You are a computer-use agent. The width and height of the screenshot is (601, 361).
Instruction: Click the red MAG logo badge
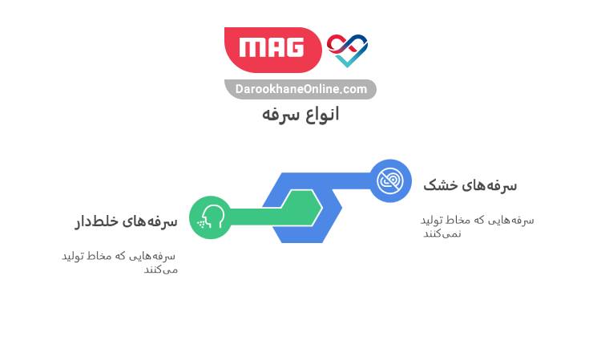[x=273, y=49]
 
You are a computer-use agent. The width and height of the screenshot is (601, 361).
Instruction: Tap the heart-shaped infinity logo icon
[x=347, y=49]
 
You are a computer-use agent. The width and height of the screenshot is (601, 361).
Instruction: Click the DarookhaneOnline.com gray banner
[x=300, y=89]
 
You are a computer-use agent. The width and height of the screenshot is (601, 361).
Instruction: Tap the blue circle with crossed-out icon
[x=390, y=180]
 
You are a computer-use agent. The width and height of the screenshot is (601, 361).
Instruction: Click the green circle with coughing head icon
[x=211, y=217]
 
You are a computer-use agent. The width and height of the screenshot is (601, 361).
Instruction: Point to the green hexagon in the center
[x=303, y=208]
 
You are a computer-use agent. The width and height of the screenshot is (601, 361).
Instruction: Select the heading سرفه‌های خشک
[x=470, y=185]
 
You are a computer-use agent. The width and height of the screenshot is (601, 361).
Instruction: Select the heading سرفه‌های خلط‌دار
[x=126, y=221]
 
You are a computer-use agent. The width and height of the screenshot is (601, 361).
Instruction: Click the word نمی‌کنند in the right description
[x=442, y=233]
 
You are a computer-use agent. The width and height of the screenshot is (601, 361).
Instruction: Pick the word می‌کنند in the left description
[x=160, y=269]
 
